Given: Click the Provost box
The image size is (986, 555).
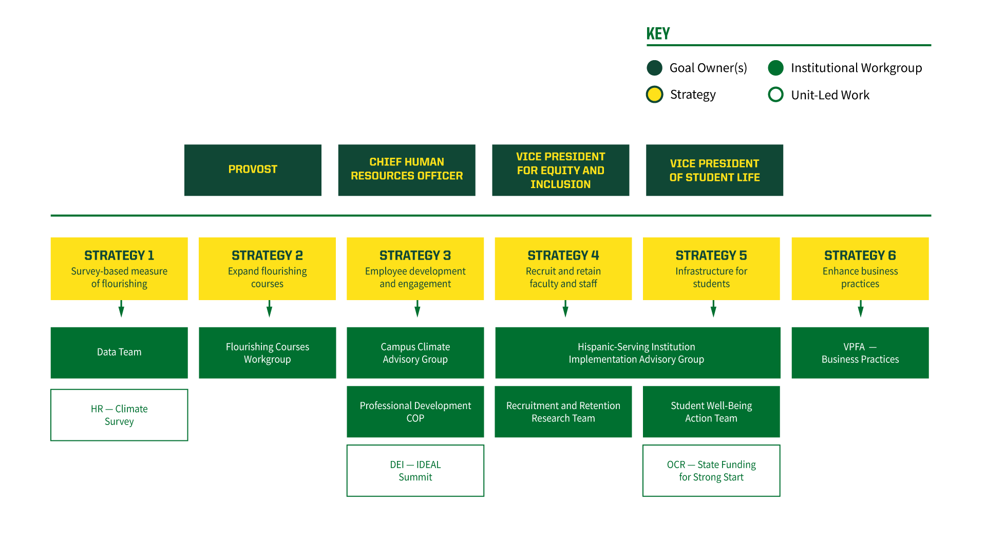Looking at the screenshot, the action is tap(253, 170).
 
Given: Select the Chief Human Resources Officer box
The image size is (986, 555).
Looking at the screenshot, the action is tap(407, 170).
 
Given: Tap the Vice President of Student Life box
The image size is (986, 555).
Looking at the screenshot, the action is tap(714, 170).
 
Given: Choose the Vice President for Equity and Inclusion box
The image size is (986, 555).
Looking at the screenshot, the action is tap(560, 170).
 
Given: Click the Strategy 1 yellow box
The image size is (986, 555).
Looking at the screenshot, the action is tap(119, 269).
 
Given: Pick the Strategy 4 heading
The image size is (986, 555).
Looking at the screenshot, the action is tap(563, 255).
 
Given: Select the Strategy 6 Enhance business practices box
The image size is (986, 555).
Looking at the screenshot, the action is tap(860, 269).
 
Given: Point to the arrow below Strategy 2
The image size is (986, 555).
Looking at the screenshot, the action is tap(269, 309).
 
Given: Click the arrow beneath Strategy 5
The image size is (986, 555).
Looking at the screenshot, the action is tap(713, 309).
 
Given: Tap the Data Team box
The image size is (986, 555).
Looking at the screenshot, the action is tap(119, 353).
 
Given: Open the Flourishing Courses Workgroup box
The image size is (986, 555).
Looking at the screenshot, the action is tap(268, 353).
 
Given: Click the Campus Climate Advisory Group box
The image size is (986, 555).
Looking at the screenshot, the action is tap(415, 353).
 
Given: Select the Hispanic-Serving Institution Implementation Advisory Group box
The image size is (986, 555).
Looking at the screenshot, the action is tap(638, 353).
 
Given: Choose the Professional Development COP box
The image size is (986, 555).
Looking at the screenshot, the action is tap(415, 412).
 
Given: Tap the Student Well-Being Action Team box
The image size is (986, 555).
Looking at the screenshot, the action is tap(711, 412).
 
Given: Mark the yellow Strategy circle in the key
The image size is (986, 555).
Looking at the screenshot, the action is tap(654, 95).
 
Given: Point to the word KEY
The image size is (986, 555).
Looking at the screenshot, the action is tap(658, 34).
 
